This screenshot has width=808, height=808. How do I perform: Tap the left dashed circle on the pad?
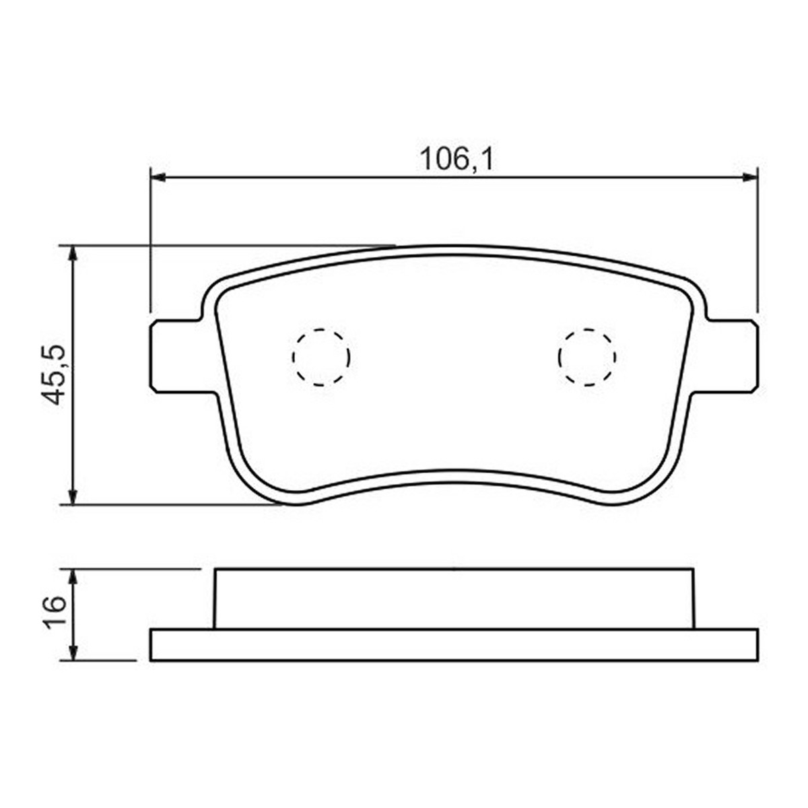point(321,357)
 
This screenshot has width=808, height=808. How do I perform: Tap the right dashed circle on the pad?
point(587,357)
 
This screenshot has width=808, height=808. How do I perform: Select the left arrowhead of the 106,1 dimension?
point(158,177)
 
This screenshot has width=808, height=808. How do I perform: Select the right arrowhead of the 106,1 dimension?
point(750,177)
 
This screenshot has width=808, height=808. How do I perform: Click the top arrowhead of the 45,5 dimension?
point(73,254)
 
